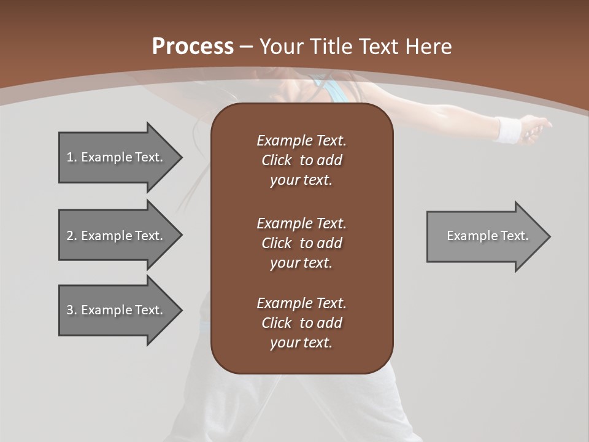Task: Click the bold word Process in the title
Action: [x=193, y=47]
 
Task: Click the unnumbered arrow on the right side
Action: [x=487, y=236]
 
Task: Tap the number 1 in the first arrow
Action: [x=70, y=157]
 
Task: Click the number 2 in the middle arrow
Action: [x=70, y=236]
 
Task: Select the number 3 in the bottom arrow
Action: [x=70, y=310]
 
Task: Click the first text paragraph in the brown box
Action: [x=301, y=160]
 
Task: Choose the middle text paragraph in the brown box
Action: [x=301, y=242]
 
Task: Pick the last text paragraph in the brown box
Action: [x=301, y=323]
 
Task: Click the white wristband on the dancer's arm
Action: [x=509, y=130]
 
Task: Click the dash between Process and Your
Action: [x=246, y=47]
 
